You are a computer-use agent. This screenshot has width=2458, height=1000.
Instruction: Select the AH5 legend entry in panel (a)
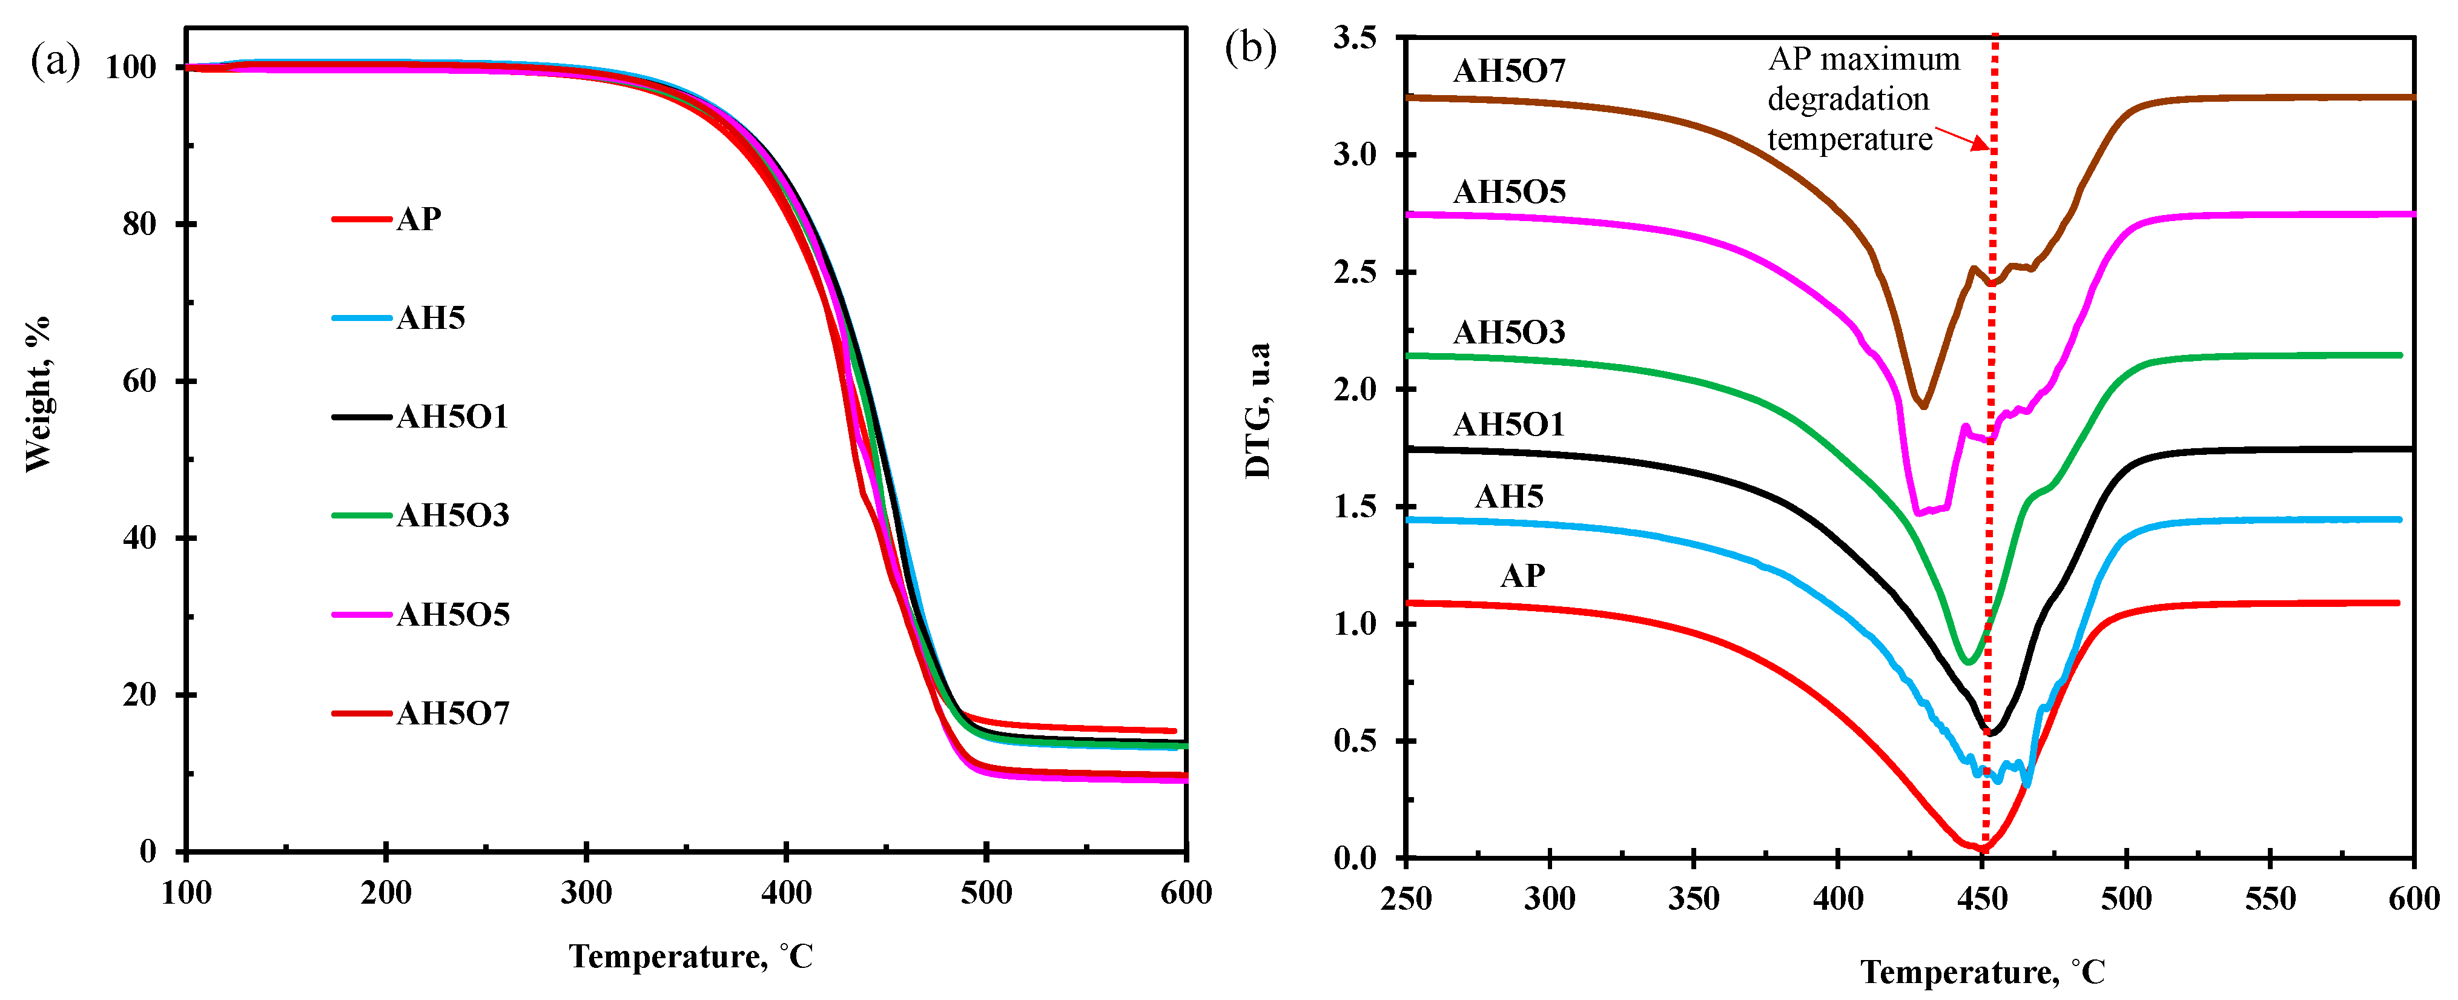(x=431, y=318)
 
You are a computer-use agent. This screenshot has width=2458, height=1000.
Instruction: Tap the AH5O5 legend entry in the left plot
(x=452, y=615)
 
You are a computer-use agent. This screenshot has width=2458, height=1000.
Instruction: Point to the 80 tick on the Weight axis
(x=139, y=224)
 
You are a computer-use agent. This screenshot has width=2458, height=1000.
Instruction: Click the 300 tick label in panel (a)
(x=586, y=893)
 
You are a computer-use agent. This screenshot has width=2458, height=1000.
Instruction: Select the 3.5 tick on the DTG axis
(x=1355, y=38)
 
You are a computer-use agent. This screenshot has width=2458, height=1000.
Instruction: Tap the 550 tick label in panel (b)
(x=2270, y=899)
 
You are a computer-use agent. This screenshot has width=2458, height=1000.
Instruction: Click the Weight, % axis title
(x=38, y=394)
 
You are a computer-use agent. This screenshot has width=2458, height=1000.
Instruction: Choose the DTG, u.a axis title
(x=1258, y=410)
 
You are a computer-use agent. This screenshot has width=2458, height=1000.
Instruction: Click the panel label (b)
(x=1250, y=48)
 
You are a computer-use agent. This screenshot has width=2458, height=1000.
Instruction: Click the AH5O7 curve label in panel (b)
(x=1508, y=71)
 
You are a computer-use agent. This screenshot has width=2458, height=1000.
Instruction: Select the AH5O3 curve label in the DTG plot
(x=1508, y=332)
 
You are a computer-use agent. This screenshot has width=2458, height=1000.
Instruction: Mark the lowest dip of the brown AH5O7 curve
(x=1924, y=406)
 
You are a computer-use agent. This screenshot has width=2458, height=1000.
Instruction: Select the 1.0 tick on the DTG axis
(x=1355, y=624)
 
